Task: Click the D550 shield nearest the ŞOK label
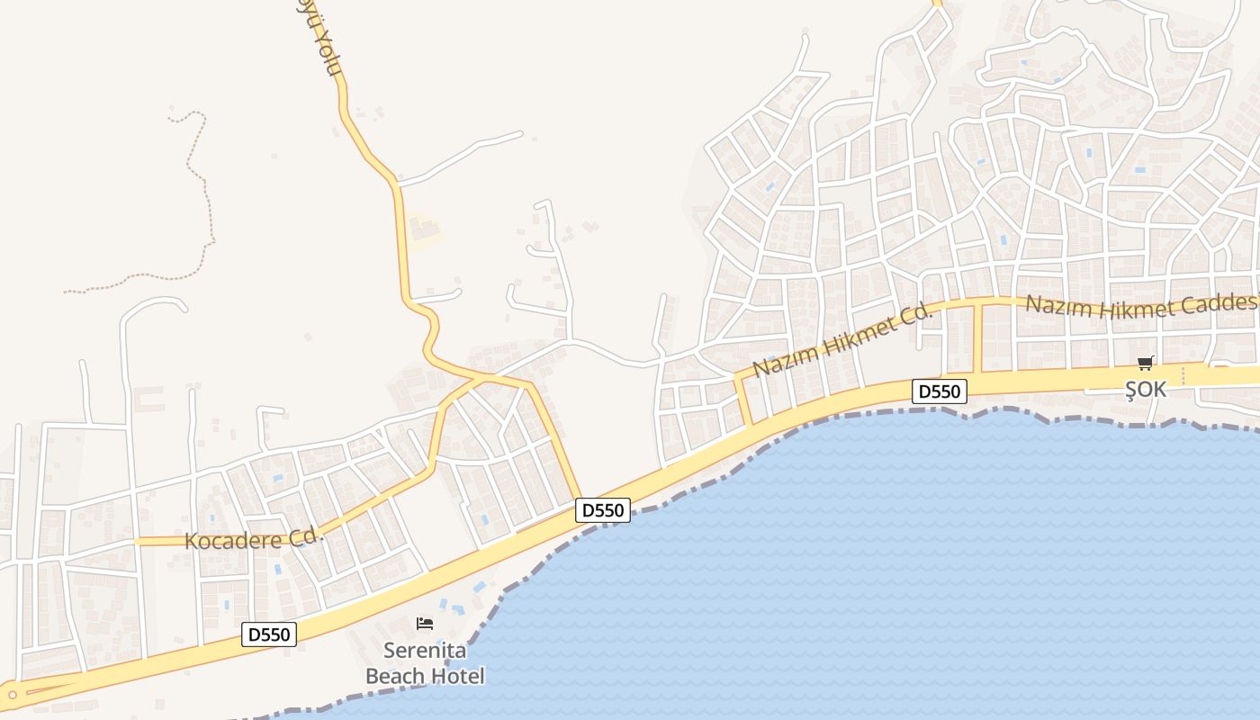tap(940, 391)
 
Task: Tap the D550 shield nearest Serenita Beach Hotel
tap(269, 634)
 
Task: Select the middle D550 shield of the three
tap(602, 510)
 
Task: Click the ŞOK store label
tap(1145, 390)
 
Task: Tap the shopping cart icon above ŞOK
tap(1145, 364)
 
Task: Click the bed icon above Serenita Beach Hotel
tap(425, 623)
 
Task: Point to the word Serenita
tap(424, 650)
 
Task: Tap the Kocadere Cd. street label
tap(253, 539)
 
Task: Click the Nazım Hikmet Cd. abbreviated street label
tap(841, 339)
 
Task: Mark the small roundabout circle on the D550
tap(13, 694)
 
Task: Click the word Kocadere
tap(234, 540)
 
